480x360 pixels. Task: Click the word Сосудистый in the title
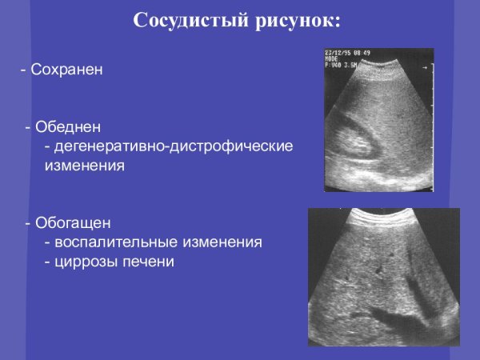[183, 20]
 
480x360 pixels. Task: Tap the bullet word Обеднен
[68, 128]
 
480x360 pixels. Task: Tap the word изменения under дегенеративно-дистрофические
[83, 166]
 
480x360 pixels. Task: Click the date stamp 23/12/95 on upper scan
[338, 52]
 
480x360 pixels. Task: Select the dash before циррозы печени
[48, 261]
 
